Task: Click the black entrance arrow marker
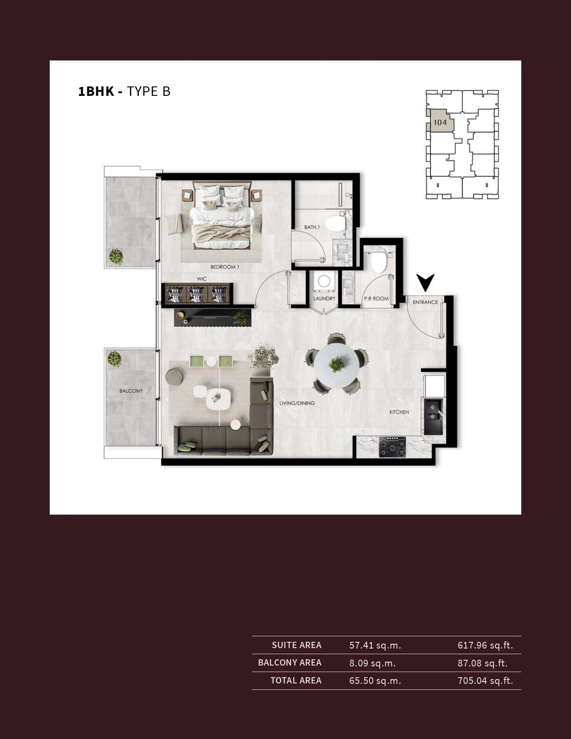coord(425,282)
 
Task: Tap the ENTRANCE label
coord(425,302)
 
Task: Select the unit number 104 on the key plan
coord(440,122)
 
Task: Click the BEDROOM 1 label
coord(224,267)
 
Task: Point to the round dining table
coord(336,365)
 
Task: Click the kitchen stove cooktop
coord(392,447)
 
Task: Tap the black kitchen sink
coord(433,416)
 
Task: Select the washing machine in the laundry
coord(324,282)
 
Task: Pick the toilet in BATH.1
coord(336,223)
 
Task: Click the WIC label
coord(202,279)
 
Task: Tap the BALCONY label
coord(131,391)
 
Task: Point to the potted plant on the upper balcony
coord(116,257)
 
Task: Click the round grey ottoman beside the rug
coord(174,377)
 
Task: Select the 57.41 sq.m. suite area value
coord(375,645)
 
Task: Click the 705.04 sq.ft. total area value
coord(485,680)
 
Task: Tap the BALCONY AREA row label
coord(290,662)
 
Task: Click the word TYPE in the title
coord(142,91)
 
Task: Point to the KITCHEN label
coord(399,412)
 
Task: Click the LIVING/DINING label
coord(297,404)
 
